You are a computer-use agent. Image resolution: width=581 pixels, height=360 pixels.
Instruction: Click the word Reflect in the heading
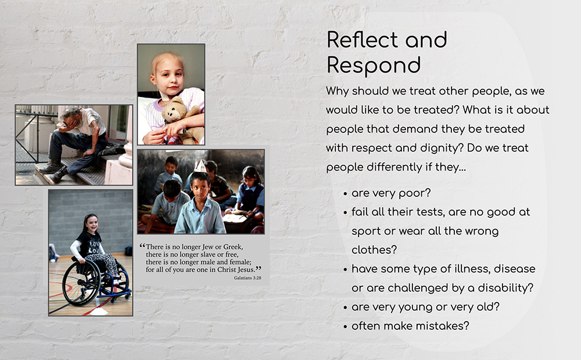point(363,39)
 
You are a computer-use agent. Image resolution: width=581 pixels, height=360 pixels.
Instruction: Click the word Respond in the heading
point(374,66)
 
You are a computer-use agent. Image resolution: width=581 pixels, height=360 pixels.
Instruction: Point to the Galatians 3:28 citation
point(248,278)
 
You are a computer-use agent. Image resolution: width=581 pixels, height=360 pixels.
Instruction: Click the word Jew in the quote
point(209,247)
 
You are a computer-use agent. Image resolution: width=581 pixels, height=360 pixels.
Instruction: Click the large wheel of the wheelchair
point(81,282)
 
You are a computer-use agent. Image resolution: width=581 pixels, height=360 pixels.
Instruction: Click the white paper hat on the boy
point(200,165)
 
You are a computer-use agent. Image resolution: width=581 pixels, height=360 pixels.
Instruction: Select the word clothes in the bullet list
point(374,250)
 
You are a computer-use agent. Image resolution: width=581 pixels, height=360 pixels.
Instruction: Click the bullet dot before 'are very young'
point(345,307)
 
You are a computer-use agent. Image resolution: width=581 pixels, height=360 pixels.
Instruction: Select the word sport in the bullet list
point(366,232)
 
